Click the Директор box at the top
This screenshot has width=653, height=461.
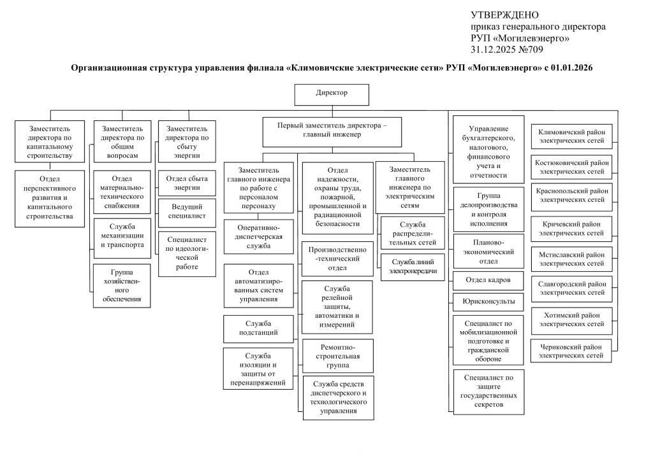click(332, 95)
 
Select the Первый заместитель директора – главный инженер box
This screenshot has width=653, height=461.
click(332, 132)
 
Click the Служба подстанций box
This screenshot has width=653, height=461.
click(258, 329)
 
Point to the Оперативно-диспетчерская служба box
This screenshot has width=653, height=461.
click(259, 236)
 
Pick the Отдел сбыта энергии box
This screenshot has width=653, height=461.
click(187, 183)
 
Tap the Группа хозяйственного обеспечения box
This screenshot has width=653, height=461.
click(122, 286)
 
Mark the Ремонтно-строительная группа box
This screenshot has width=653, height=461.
click(338, 356)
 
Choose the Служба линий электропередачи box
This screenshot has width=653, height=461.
click(413, 267)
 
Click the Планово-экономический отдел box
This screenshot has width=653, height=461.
click(488, 252)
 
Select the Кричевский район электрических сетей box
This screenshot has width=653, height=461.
click(571, 229)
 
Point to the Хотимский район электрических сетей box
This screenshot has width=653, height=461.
click(571, 320)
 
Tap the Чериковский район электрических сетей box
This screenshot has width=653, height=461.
click(571, 351)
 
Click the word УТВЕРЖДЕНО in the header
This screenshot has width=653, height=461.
click(505, 15)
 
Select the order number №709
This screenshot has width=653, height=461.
click(531, 50)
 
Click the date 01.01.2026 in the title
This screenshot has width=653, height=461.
click(571, 67)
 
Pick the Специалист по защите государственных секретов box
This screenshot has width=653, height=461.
click(488, 392)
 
